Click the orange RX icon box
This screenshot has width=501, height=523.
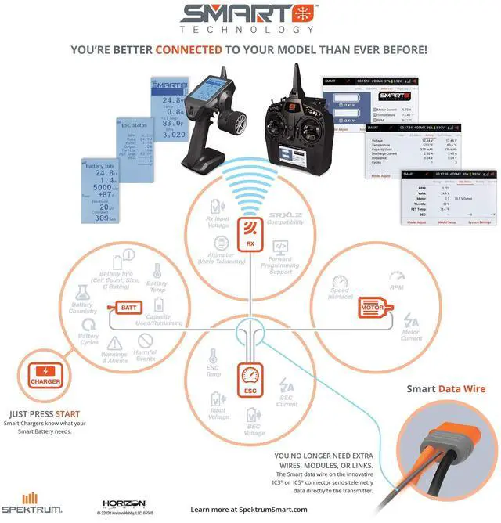pyautogui.click(x=250, y=233)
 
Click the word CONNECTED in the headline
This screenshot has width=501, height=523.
pyautogui.click(x=190, y=49)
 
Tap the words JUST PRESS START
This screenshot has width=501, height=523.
pyautogui.click(x=45, y=414)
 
